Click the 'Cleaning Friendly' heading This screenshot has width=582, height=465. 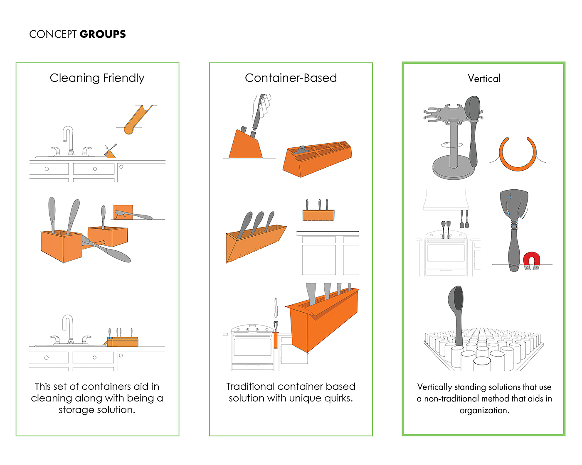tap(97, 78)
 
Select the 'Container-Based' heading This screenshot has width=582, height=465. tap(291, 78)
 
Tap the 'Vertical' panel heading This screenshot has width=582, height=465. tap(484, 78)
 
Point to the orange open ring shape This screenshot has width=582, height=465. tap(518, 154)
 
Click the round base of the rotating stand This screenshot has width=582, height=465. tap(453, 170)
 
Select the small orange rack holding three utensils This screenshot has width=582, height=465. tap(318, 215)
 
